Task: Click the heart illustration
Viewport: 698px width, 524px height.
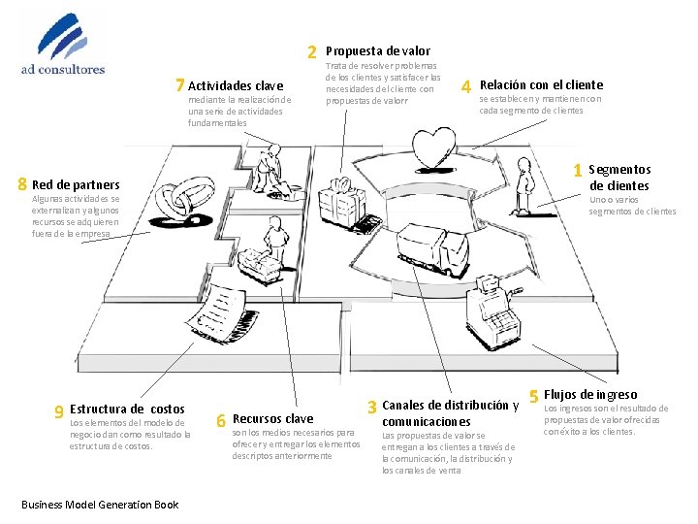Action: pyautogui.click(x=429, y=148)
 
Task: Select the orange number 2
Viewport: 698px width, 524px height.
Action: pyautogui.click(x=312, y=51)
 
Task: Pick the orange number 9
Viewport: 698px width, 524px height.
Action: pyautogui.click(x=59, y=410)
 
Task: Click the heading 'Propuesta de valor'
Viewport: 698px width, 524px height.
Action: pyautogui.click(x=378, y=50)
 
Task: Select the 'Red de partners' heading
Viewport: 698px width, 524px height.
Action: pyautogui.click(x=76, y=184)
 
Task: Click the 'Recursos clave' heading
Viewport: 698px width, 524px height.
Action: pyautogui.click(x=273, y=419)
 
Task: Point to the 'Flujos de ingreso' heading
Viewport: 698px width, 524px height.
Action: pyautogui.click(x=590, y=394)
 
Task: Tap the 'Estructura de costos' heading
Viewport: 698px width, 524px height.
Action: pyautogui.click(x=127, y=409)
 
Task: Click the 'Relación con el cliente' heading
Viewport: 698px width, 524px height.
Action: pyautogui.click(x=541, y=84)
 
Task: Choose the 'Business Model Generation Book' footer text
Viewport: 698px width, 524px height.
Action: pyautogui.click(x=100, y=504)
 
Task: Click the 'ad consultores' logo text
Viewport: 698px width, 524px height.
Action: pyautogui.click(x=63, y=69)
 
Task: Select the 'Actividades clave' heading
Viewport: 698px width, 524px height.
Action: pyautogui.click(x=236, y=86)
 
